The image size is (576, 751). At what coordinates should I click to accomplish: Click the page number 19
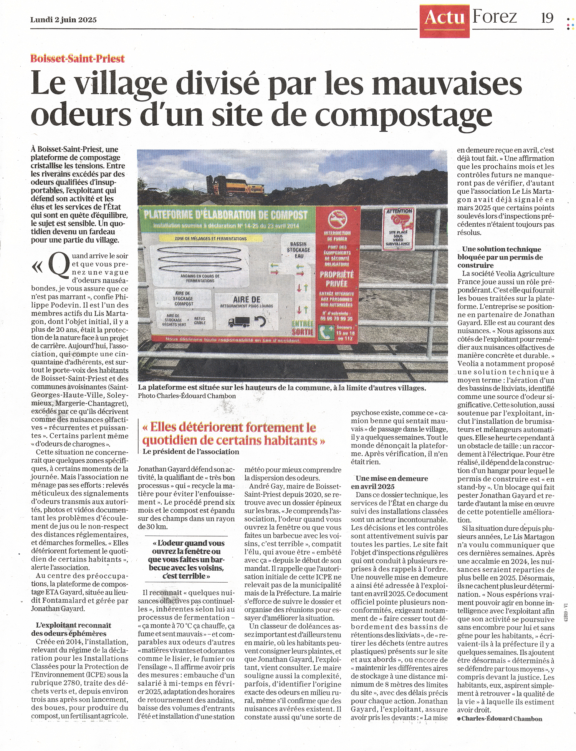click(x=547, y=18)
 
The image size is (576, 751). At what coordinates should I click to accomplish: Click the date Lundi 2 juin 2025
click(x=63, y=20)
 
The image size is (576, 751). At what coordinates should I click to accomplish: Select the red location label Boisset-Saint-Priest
click(x=78, y=59)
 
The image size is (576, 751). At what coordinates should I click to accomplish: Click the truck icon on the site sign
click(x=239, y=322)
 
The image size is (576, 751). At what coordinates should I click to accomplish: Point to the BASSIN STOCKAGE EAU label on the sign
click(x=299, y=250)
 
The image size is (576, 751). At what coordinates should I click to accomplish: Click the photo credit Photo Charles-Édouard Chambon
click(x=187, y=396)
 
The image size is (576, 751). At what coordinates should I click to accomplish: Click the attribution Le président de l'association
click(x=190, y=452)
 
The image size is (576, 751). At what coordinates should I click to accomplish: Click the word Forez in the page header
click(x=495, y=17)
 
